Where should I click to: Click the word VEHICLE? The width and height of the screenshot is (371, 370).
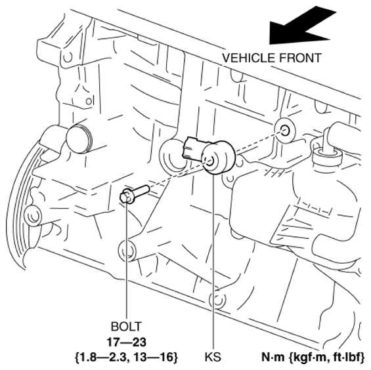point(249,58)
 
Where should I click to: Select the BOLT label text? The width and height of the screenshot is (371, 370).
point(126,327)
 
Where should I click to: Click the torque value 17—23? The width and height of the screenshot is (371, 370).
point(126,342)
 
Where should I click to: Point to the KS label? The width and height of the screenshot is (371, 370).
point(213,357)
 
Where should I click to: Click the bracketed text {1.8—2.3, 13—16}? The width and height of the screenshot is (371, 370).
point(126,357)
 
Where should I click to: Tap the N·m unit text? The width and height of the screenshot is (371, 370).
point(274,357)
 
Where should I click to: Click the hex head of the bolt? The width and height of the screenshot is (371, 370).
point(125,196)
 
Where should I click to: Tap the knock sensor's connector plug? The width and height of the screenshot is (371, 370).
point(193,148)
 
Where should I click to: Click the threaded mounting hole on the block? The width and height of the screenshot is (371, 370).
point(285,131)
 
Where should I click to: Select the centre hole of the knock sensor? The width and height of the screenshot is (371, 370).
point(210,161)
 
